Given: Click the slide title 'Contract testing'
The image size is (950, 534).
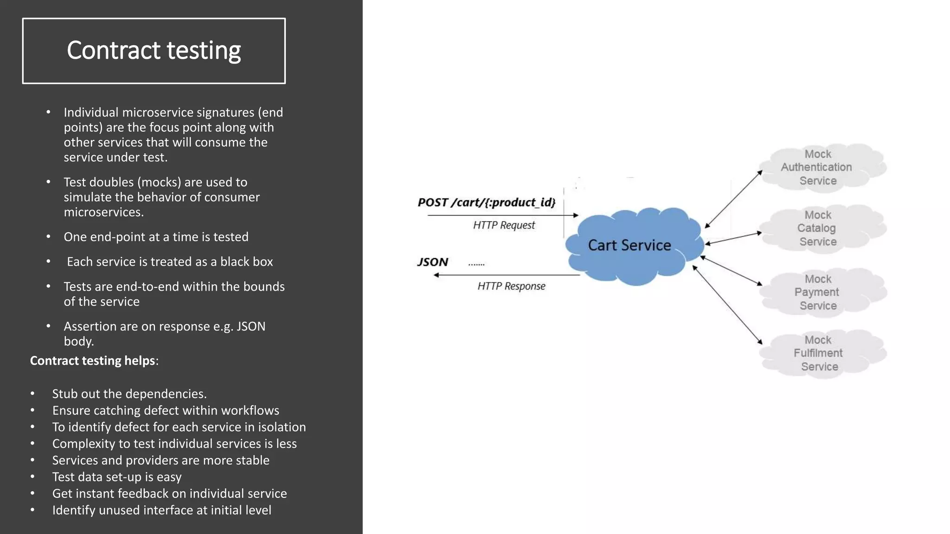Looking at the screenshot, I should pyautogui.click(x=154, y=51).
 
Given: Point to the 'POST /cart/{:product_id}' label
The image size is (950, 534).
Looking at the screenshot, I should pyautogui.click(x=486, y=203).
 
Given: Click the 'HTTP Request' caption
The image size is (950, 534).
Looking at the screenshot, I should pyautogui.click(x=504, y=225).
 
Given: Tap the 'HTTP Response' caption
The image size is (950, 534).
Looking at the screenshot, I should pyautogui.click(x=511, y=286).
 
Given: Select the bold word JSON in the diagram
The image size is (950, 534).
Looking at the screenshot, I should pyautogui.click(x=432, y=262).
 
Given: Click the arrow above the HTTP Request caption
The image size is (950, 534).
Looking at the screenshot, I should pyautogui.click(x=503, y=215).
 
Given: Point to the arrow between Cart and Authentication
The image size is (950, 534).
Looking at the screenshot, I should pyautogui.click(x=733, y=199).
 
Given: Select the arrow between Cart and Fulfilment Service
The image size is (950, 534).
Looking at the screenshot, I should pyautogui.click(x=727, y=305).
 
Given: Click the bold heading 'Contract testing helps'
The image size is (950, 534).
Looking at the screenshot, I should pyautogui.click(x=92, y=361).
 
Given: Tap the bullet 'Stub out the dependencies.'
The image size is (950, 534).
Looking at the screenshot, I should pyautogui.click(x=129, y=394).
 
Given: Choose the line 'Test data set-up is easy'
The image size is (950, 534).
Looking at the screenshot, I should pyautogui.click(x=116, y=477).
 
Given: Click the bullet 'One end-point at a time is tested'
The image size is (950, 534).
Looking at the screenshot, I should pyautogui.click(x=156, y=237).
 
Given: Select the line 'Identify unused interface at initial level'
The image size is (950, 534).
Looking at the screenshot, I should pyautogui.click(x=161, y=510).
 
